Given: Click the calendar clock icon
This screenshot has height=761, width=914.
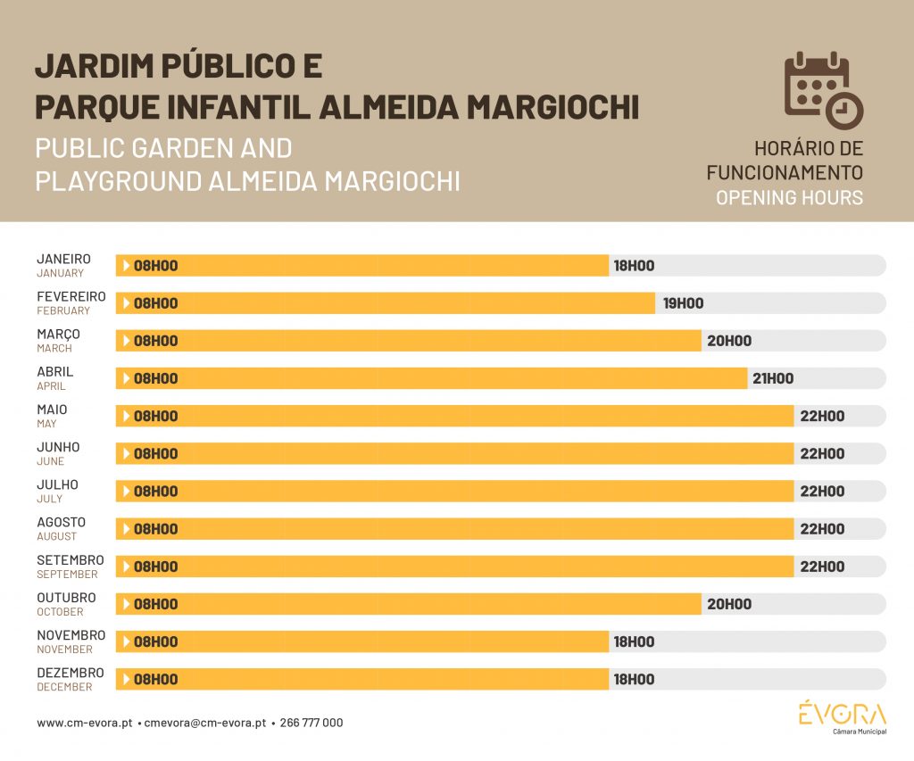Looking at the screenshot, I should coord(823,90).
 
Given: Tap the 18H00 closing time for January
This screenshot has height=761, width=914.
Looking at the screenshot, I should coord(634,266).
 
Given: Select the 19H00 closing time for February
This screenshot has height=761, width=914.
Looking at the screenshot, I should coord(683,303).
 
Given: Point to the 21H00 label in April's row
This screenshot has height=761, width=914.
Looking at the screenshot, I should coord(773,378).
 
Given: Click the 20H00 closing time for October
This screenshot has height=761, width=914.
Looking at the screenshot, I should coord(729,604).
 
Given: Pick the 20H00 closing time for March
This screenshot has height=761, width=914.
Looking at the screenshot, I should coord(729,341).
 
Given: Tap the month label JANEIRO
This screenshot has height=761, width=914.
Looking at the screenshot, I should coord(63,259).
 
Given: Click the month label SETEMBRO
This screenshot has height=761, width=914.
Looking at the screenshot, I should coord(70,560).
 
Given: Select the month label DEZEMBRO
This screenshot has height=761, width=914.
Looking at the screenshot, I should coord(70,673).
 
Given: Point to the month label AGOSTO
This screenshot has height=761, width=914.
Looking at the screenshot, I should coord(61,522).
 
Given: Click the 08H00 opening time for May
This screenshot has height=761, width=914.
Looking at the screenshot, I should coord(155,417).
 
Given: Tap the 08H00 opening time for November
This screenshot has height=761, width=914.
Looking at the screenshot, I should coord(155,642).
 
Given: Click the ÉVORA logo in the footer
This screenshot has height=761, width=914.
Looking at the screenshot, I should coord(842,716).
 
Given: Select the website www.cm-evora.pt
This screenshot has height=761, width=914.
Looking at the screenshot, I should coord(84,724).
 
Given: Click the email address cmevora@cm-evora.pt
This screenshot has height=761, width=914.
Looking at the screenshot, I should coord(205,724).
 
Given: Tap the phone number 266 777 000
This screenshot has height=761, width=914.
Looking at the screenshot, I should coord(311,724).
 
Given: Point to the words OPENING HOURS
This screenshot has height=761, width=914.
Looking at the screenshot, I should coord(789,198).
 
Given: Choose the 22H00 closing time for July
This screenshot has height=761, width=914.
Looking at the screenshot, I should coord(822,492).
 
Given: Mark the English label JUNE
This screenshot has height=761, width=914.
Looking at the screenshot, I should coord(50,461).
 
